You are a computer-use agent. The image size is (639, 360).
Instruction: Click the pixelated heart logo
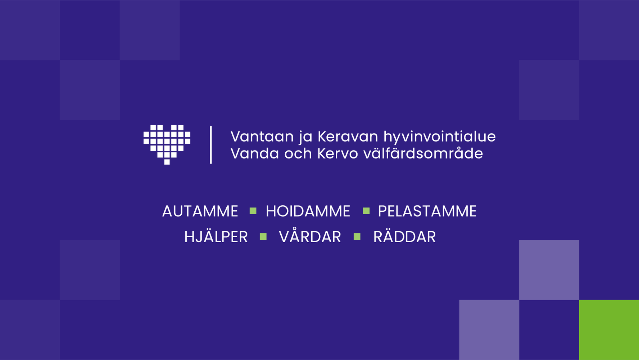tap(167, 144)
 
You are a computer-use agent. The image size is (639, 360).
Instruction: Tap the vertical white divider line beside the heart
tap(211, 145)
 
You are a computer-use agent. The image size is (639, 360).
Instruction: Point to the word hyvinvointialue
tap(439, 137)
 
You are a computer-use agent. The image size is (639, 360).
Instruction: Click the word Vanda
tap(255, 154)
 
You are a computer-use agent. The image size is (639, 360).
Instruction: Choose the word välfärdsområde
tap(423, 154)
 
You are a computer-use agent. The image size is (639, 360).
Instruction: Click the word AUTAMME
tap(200, 211)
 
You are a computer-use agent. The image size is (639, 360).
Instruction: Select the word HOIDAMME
tap(308, 211)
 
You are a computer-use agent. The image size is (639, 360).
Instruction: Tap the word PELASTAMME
tap(427, 211)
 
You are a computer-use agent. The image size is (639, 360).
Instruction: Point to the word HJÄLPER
tap(216, 237)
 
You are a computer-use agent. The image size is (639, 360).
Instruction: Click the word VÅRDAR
tap(310, 237)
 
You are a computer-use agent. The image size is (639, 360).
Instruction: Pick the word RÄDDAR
tap(404, 237)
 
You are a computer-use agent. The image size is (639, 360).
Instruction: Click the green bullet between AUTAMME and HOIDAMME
tap(253, 211)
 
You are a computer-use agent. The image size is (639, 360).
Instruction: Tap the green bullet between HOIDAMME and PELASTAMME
tap(366, 211)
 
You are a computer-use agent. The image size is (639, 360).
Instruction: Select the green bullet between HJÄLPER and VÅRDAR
tap(263, 237)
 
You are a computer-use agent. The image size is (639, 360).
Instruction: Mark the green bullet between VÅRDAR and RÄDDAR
tap(357, 237)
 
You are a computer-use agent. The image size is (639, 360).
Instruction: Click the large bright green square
tap(609, 330)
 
